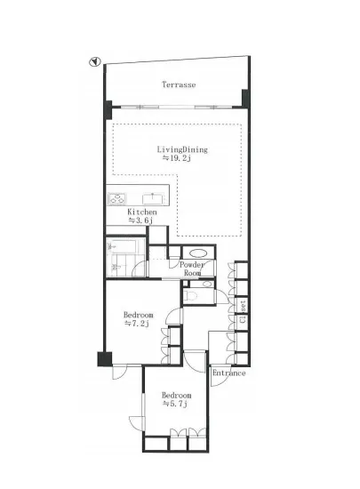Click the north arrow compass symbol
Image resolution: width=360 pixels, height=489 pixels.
tap(94, 62)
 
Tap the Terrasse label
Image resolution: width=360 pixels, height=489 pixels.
tap(179, 84)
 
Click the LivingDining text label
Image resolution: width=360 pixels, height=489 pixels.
tap(182, 149)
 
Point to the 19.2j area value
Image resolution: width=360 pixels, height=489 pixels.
tap(177, 158)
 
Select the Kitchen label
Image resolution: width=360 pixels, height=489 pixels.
tap(142, 212)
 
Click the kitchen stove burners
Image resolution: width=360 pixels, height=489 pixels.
tap(116, 198)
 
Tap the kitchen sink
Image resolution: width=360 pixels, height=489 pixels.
tap(153, 198)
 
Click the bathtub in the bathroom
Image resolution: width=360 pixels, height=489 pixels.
tap(122, 246)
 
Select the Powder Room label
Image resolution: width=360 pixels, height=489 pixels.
tap(191, 269)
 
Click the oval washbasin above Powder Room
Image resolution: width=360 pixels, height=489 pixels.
tap(197, 253)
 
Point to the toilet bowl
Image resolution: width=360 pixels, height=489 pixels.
tap(190, 294)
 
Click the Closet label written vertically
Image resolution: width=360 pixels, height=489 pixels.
tap(244, 311)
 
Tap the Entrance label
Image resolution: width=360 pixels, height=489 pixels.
tap(228, 373)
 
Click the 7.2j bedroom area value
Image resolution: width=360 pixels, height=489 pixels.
tap(137, 324)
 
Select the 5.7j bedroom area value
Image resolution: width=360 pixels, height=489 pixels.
tap(175, 404)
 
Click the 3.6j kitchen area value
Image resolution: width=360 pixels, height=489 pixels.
tap(140, 220)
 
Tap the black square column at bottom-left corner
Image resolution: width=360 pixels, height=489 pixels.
tap(104, 359)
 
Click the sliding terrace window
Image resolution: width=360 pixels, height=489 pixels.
tap(176, 108)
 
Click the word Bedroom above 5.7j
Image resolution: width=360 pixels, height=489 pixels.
tap(176, 396)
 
